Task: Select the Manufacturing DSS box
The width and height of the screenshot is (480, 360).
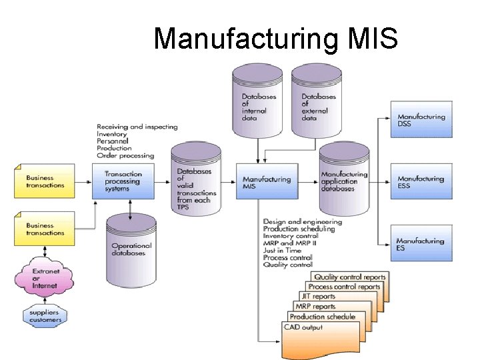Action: [421, 120]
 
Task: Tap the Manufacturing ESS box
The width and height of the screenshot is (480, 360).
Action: [421, 182]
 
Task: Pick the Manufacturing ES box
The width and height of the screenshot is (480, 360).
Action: [421, 244]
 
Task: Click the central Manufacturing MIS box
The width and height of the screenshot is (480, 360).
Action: [267, 182]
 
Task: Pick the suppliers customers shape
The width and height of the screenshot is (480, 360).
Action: [45, 316]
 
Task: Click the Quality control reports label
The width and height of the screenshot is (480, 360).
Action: [349, 277]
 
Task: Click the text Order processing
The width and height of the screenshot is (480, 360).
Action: [125, 156]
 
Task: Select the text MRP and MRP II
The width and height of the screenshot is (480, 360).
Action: [291, 243]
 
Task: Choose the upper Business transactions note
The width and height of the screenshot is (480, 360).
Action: [46, 181]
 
